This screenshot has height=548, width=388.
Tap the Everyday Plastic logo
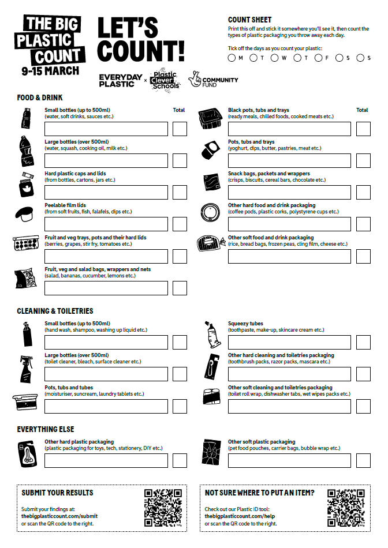tap(120, 80)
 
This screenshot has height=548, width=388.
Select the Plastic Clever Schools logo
tap(165, 79)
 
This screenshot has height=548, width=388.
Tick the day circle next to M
tap(232, 58)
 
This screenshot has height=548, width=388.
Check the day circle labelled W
tap(275, 58)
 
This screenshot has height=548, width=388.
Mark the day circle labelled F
tap(319, 58)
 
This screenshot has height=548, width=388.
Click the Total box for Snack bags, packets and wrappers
tap(363, 192)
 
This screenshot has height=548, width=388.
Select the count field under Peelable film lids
tap(106, 224)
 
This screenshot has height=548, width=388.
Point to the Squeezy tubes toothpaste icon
tap(212, 333)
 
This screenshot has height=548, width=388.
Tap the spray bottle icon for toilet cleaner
tap(25, 370)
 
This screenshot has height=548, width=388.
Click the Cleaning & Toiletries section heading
tap(55, 311)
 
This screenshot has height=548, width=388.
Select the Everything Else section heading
tap(46, 429)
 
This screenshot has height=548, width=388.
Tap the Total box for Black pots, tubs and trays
tap(363, 129)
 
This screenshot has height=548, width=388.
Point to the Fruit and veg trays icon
tap(25, 243)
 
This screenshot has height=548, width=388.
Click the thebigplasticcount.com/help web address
tap(240, 516)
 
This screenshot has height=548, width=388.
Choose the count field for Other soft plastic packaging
tap(289, 460)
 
